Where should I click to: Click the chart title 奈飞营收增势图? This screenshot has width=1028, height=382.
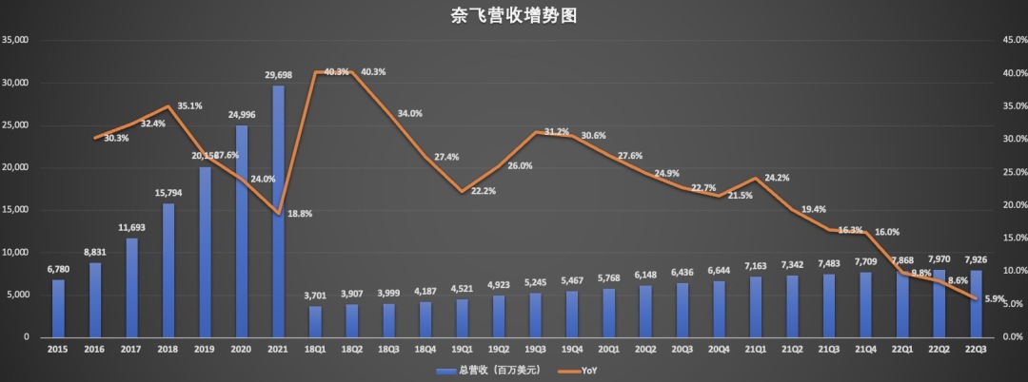coord(514,16)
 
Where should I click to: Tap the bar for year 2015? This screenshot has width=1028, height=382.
coord(58,308)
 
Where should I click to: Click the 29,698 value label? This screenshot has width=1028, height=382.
coord(278,73)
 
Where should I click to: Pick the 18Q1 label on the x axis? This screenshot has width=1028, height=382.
coord(315,350)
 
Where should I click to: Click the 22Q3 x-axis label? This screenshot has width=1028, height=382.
coord(976,350)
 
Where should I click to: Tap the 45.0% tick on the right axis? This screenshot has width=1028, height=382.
coord(1006,40)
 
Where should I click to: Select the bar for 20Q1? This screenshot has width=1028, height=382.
coord(608,313)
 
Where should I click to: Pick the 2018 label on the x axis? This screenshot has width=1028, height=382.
coord(168,350)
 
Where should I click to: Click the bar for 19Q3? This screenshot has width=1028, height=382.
coord(535,315)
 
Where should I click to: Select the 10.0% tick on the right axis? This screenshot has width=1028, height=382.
coord(1006,271)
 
